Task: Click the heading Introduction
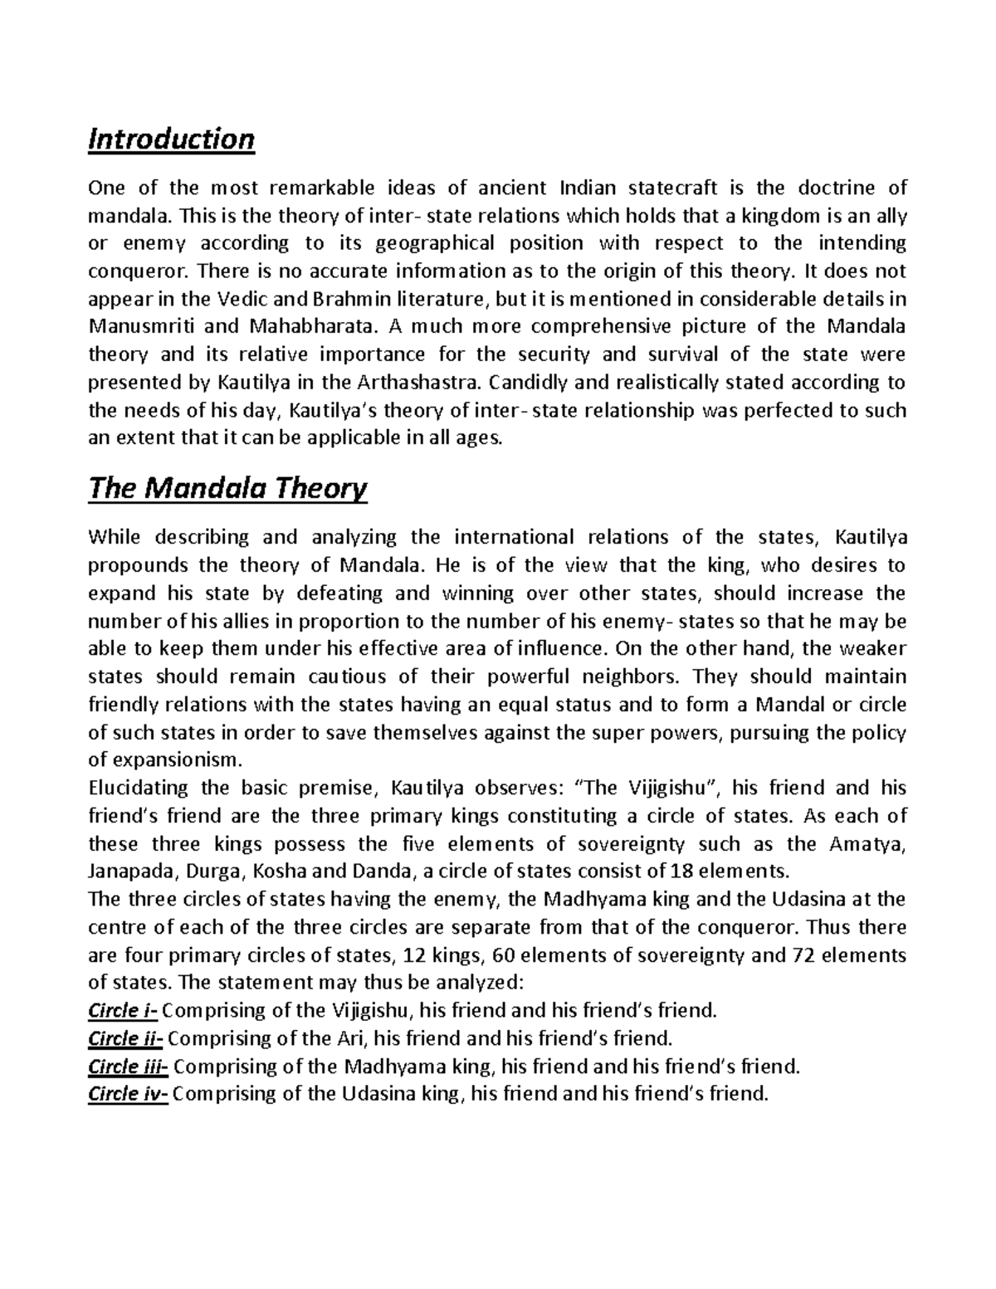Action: [171, 139]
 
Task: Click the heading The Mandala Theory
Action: [227, 489]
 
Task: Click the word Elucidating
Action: [139, 788]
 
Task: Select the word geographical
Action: [435, 243]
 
